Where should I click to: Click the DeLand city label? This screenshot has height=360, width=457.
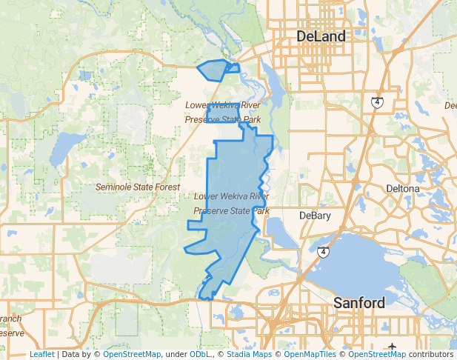tap(321, 36)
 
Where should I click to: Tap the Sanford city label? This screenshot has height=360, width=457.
tap(359, 303)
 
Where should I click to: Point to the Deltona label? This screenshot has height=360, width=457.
tap(403, 189)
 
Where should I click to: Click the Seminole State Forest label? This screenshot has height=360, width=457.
tap(138, 187)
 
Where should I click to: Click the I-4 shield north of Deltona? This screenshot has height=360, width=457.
tap(378, 101)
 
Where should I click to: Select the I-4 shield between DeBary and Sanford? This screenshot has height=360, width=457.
tap(323, 253)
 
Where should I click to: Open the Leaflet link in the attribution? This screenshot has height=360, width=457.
tap(41, 355)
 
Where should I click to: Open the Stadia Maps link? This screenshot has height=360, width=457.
tap(248, 355)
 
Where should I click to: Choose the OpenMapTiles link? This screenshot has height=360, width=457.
tap(307, 355)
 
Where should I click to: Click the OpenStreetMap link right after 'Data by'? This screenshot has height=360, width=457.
tap(132, 355)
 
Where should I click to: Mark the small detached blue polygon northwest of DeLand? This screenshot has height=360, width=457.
tap(214, 70)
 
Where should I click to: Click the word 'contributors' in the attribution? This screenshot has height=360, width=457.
tap(430, 355)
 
